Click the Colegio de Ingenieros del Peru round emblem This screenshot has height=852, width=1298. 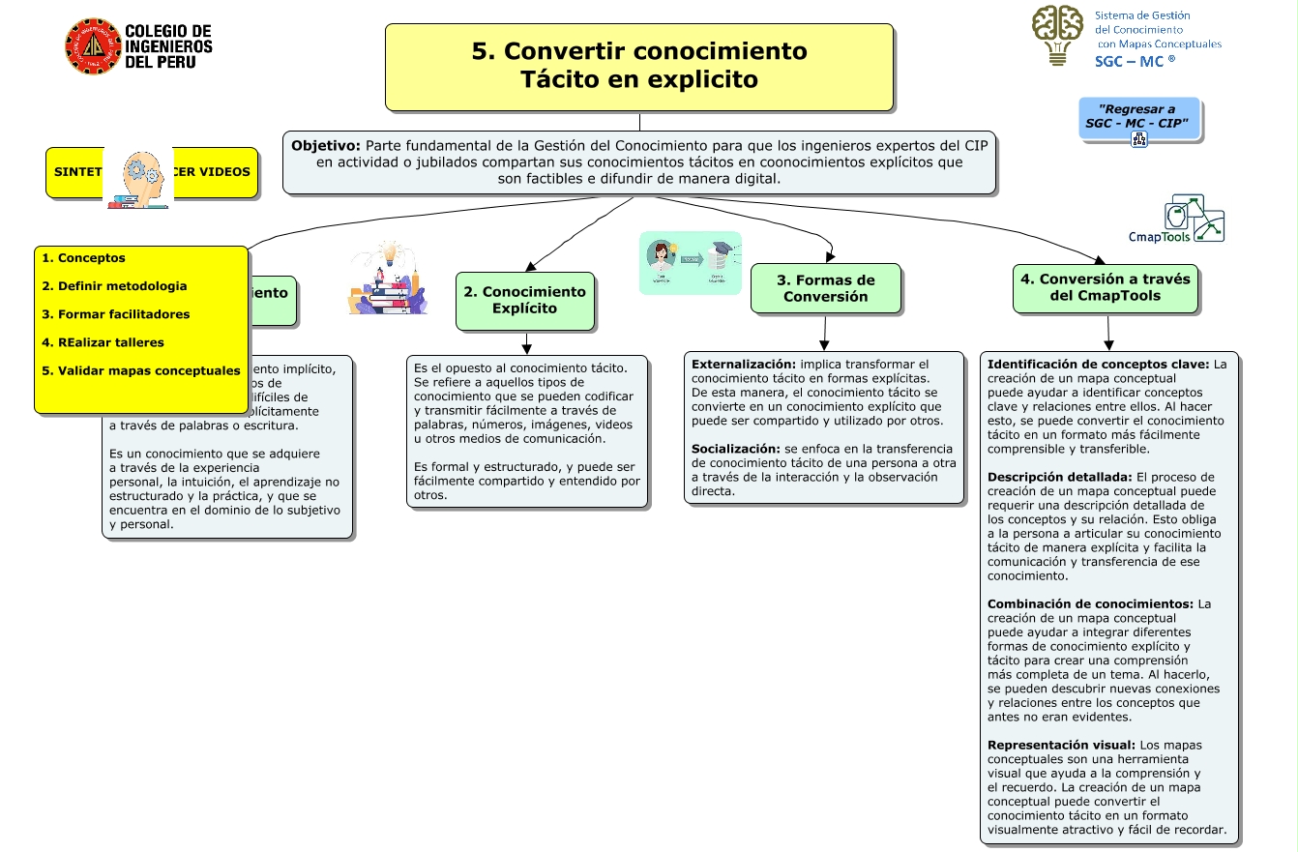click(x=93, y=46)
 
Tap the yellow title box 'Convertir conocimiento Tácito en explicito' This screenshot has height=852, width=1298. click(x=638, y=66)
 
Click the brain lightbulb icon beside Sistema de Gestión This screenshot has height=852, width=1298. click(x=1057, y=35)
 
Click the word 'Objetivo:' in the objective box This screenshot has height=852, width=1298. click(x=326, y=144)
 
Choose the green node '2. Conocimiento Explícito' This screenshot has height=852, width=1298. click(x=524, y=300)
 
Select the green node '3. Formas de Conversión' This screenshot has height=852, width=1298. click(x=825, y=288)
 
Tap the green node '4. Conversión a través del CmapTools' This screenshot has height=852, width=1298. click(x=1105, y=287)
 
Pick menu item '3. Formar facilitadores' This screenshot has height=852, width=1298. click(x=115, y=314)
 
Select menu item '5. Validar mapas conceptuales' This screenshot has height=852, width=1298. click(x=140, y=370)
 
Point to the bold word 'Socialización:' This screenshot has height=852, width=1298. click(x=736, y=449)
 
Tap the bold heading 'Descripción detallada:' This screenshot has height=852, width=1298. click(x=1059, y=477)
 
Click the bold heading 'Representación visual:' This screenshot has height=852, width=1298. click(x=1061, y=745)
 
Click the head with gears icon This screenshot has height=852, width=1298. click(x=137, y=178)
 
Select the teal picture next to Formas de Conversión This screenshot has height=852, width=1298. click(x=690, y=262)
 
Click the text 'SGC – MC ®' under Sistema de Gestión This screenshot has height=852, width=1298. click(x=1134, y=60)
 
